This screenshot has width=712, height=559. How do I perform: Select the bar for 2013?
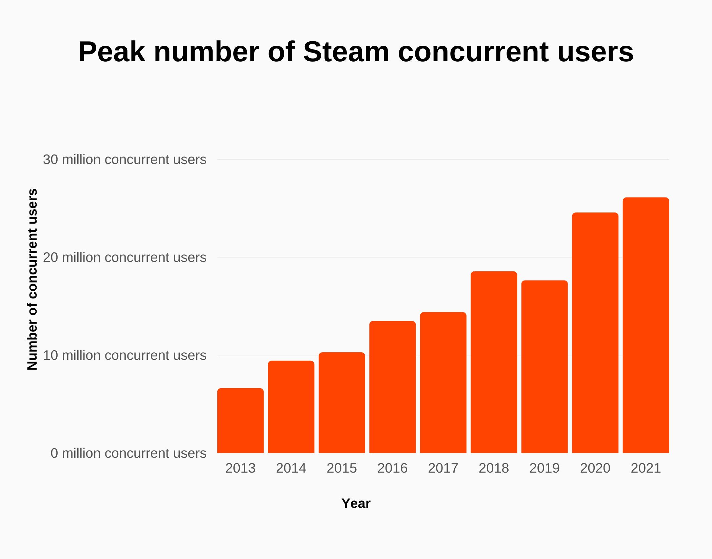240,420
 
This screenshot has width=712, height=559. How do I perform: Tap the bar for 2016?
392,387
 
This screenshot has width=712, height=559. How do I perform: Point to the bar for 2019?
545,367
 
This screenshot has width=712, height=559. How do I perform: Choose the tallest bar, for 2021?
646,325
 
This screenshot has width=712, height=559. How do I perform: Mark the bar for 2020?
595,333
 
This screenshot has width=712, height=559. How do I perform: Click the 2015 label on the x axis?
342,468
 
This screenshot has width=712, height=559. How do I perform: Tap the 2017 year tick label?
443,468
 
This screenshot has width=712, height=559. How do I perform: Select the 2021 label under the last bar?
646,468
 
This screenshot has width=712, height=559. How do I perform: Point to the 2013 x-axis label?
240,468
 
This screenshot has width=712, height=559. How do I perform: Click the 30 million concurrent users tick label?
124,160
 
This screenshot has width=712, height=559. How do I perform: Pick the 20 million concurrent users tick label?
124,257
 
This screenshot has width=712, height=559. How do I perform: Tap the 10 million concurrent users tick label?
124,355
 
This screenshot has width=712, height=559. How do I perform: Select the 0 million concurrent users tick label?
128,453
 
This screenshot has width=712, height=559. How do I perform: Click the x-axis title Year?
356,503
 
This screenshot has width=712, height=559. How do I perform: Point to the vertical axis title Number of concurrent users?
32,279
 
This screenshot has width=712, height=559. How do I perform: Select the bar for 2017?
443,382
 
